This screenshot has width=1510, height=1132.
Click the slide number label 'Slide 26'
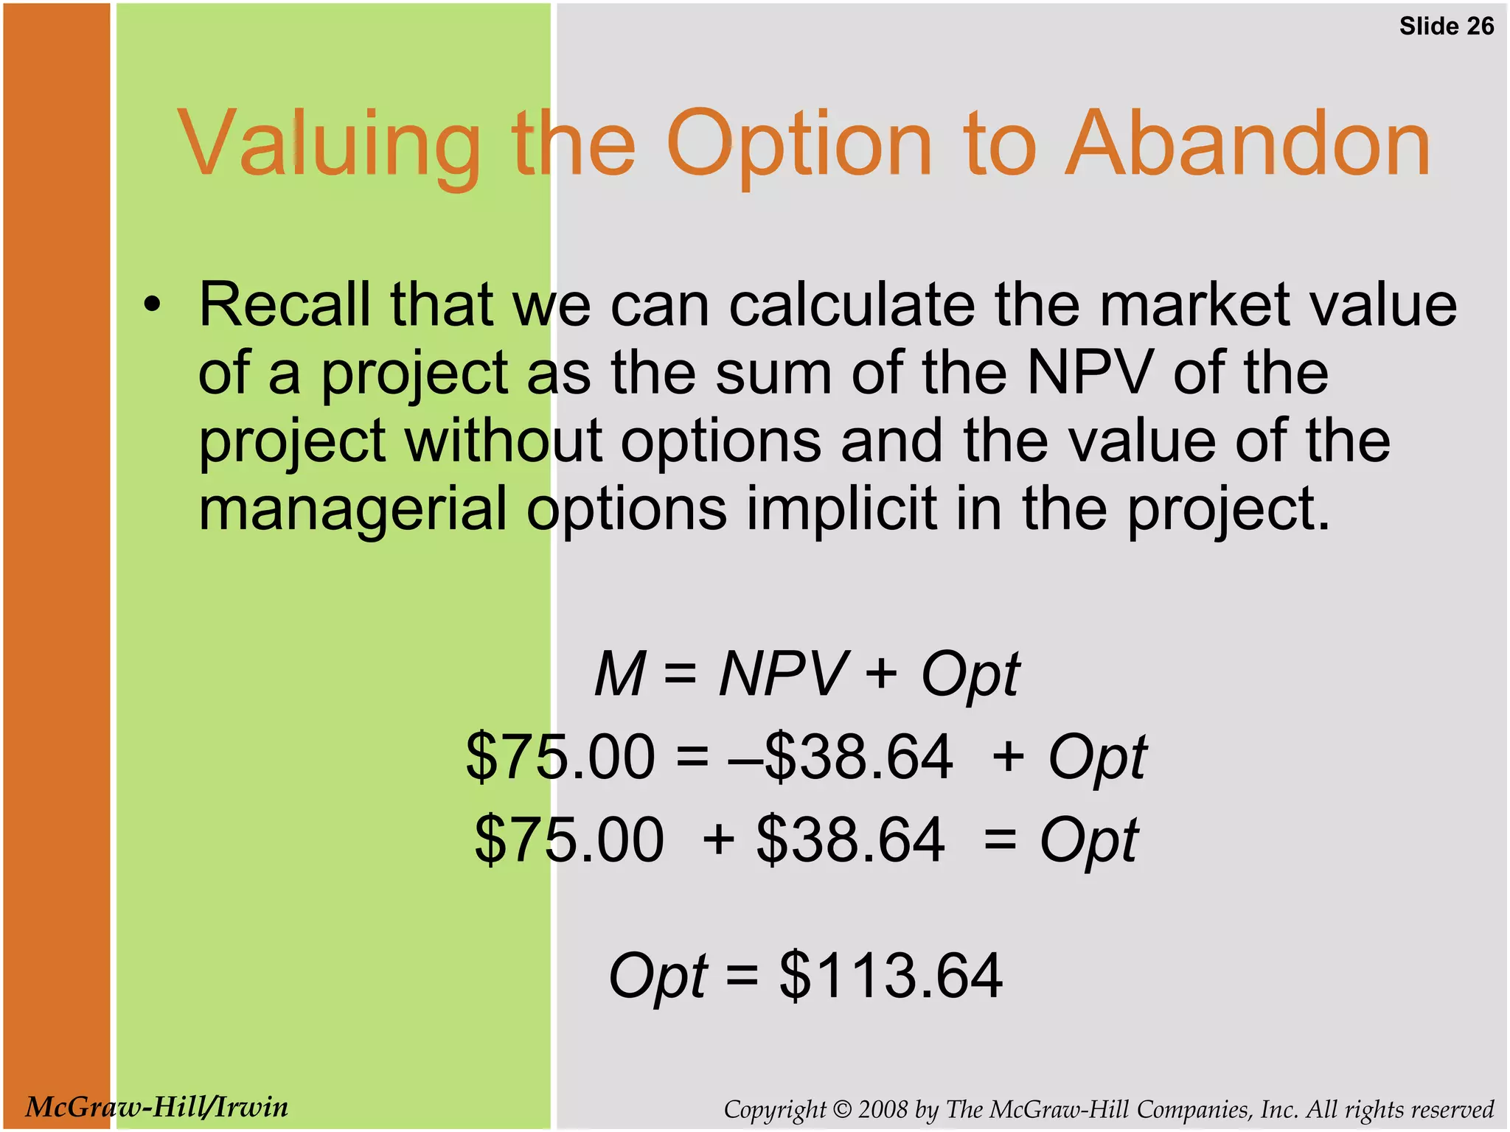tap(1446, 27)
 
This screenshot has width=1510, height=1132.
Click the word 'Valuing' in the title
tap(329, 144)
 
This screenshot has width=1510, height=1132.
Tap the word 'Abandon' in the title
tap(1248, 144)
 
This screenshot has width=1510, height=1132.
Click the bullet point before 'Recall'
tap(151, 306)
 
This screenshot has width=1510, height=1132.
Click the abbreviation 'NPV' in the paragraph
tap(1088, 372)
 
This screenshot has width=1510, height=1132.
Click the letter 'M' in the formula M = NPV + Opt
tap(620, 674)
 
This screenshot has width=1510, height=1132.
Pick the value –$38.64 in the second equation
tap(841, 757)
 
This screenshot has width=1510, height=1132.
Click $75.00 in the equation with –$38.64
tap(560, 757)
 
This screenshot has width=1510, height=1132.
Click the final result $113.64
tap(890, 976)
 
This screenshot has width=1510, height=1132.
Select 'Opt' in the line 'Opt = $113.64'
tap(658, 977)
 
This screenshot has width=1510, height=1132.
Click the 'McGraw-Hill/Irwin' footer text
tap(156, 1107)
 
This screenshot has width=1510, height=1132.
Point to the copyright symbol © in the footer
tap(842, 1109)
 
